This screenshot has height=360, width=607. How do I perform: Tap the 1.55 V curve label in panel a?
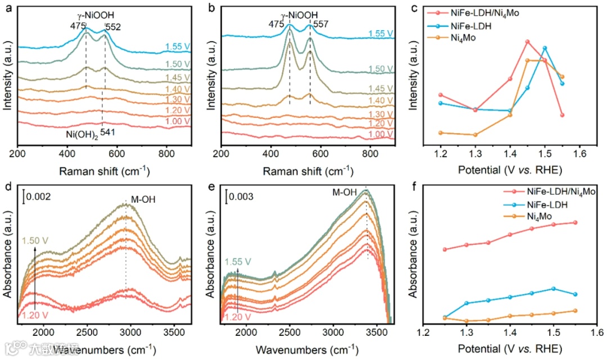pyautogui.click(x=177, y=47)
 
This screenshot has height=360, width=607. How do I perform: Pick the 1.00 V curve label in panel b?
pyautogui.click(x=381, y=134)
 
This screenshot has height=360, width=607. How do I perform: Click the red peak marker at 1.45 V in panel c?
pyautogui.click(x=528, y=42)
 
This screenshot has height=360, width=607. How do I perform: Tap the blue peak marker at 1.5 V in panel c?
pyautogui.click(x=545, y=48)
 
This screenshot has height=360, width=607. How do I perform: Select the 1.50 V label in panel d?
pyautogui.click(x=35, y=240)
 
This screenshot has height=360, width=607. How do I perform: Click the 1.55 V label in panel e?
pyautogui.click(x=238, y=262)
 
